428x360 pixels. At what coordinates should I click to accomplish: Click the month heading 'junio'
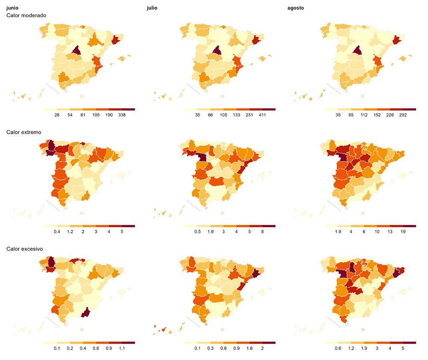point(12,8)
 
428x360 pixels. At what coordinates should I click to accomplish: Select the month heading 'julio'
point(152,8)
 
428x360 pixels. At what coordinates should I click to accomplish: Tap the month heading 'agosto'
point(296,8)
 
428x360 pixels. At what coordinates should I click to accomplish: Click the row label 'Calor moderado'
point(26,15)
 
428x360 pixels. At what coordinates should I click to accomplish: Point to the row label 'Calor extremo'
point(24,132)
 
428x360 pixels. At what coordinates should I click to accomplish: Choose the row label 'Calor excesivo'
point(24,249)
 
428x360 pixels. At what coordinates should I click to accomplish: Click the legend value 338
point(122,115)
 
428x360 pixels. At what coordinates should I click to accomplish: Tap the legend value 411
point(262,115)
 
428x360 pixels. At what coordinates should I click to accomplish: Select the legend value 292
point(403,115)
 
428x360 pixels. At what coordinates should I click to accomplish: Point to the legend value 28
point(57,115)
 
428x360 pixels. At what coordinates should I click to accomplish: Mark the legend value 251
point(249,115)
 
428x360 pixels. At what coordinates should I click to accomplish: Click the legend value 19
point(403,232)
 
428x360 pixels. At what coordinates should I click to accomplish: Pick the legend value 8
point(262,232)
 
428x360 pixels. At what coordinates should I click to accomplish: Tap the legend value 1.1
point(122,348)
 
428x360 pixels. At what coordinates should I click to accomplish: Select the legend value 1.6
point(249,348)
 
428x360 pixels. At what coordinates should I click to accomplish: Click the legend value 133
point(236,115)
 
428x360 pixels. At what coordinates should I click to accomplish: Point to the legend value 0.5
point(197,232)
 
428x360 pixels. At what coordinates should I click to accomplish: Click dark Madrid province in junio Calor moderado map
point(76,51)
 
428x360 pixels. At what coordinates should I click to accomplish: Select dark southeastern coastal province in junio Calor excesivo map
point(86,313)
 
